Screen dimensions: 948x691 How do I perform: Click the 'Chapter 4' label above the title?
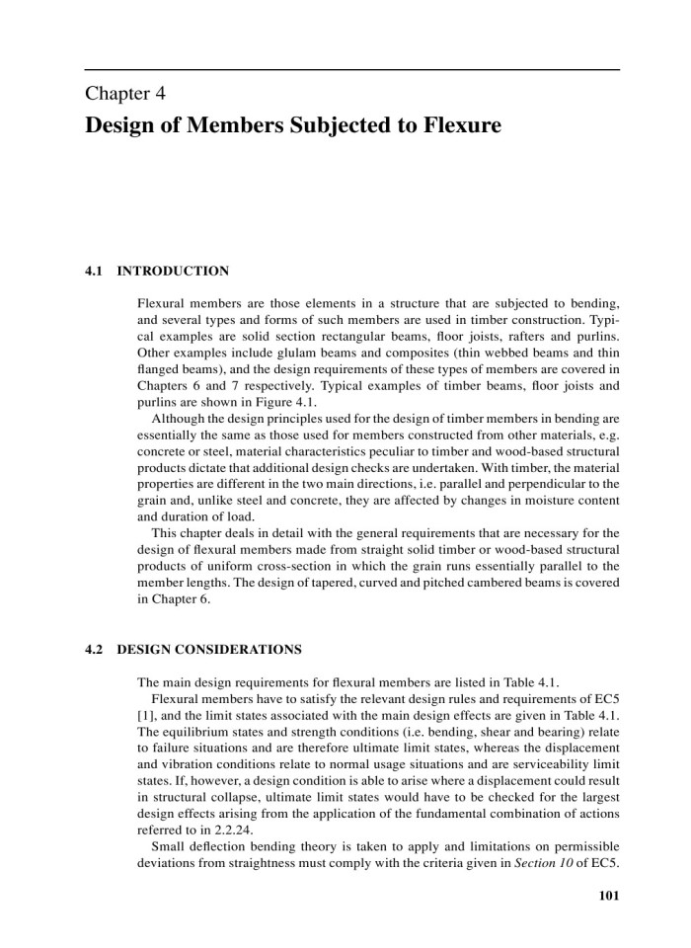pos(124,96)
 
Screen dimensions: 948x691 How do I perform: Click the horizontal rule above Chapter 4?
pos(352,70)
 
